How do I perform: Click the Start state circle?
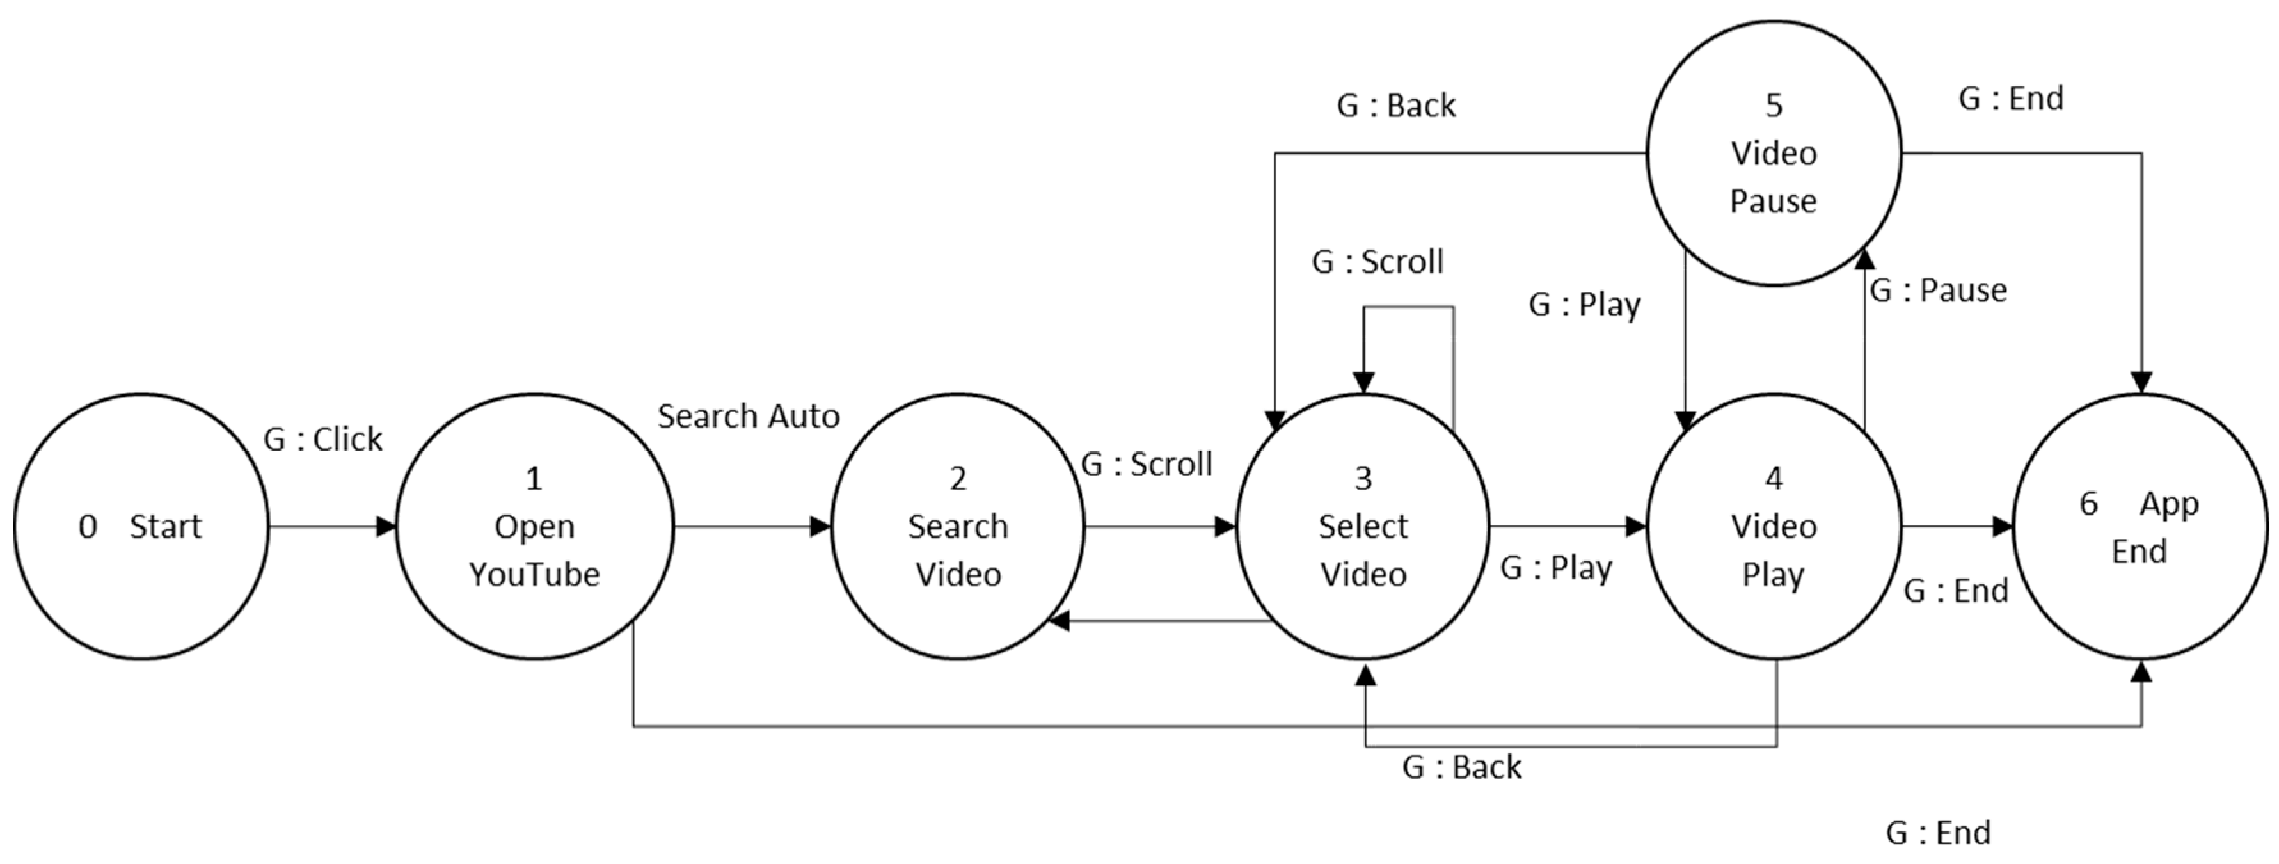click(x=141, y=526)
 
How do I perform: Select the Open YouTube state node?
click(x=534, y=526)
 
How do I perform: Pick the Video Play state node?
click(x=1773, y=526)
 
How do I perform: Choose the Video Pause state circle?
click(x=1773, y=153)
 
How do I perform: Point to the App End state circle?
click(x=2140, y=526)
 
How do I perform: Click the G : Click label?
click(x=323, y=439)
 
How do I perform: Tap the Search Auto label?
click(x=749, y=416)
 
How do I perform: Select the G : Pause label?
click(x=1937, y=291)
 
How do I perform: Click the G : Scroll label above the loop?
click(x=1378, y=262)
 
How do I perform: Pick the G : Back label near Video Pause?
click(x=1395, y=106)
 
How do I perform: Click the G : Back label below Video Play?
click(x=1461, y=767)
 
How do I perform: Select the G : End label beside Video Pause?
click(x=2010, y=99)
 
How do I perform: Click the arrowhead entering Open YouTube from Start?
click(x=386, y=527)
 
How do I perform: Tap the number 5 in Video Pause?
click(x=1773, y=106)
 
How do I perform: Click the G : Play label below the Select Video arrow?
click(x=1555, y=568)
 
